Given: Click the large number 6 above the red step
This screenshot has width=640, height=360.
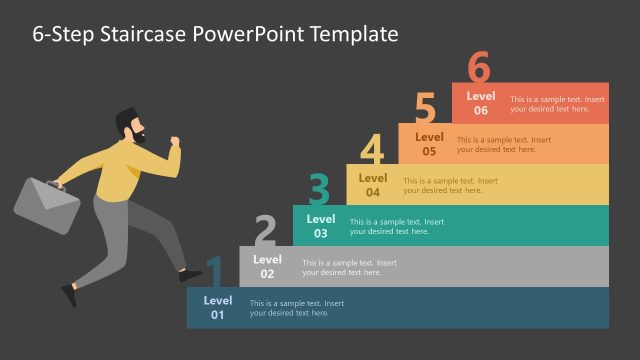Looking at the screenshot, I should point(479,68).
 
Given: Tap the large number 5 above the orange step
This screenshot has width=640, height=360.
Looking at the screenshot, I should point(426,108).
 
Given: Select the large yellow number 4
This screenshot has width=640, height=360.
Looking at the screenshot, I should point(372,150).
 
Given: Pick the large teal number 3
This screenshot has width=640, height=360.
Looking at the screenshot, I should point(319,190).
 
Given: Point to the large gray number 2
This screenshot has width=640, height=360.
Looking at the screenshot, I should point(265,231).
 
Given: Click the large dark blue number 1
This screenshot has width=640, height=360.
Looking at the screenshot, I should point(214,272).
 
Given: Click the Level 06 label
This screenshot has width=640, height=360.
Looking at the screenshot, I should point(482,104).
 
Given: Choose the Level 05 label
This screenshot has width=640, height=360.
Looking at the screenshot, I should point(429,144).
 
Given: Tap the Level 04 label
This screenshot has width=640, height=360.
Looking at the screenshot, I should point(373,185).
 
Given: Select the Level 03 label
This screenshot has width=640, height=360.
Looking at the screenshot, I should point(320,226).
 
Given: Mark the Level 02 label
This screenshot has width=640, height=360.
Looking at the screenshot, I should point(267,267).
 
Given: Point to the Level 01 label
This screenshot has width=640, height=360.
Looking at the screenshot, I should point(217,307).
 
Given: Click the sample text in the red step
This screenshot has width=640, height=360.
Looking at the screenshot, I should point(557,104).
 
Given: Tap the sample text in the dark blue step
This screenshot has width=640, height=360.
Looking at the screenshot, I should point(297,308).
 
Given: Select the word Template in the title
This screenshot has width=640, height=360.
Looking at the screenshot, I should point(352,34).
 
